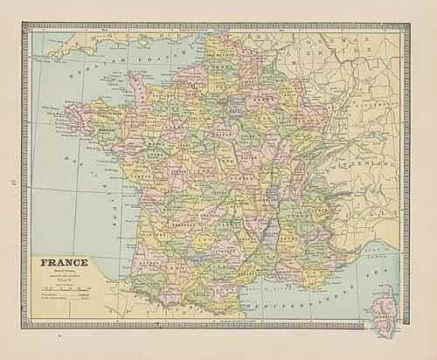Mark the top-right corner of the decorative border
(x=404, y=28)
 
